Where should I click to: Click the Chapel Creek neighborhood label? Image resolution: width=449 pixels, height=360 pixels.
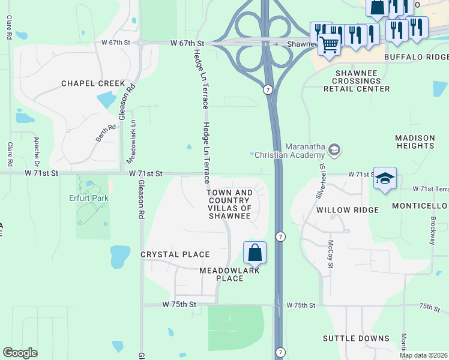pyautogui.click(x=93, y=83)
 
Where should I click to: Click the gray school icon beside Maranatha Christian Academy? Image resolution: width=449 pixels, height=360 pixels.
pyautogui.click(x=335, y=149)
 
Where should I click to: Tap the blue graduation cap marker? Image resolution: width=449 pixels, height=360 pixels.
pyautogui.click(x=385, y=178)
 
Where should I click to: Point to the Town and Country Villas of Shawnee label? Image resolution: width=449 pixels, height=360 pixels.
pyautogui.click(x=229, y=203)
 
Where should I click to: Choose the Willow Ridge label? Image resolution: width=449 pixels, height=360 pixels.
pyautogui.click(x=348, y=210)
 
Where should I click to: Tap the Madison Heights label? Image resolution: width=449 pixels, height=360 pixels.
pyautogui.click(x=415, y=142)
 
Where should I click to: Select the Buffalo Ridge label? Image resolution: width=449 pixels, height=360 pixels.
pyautogui.click(x=416, y=57)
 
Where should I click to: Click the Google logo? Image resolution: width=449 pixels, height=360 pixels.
pyautogui.click(x=20, y=353)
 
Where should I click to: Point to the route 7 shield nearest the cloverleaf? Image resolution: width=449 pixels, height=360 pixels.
pyautogui.click(x=268, y=89)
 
